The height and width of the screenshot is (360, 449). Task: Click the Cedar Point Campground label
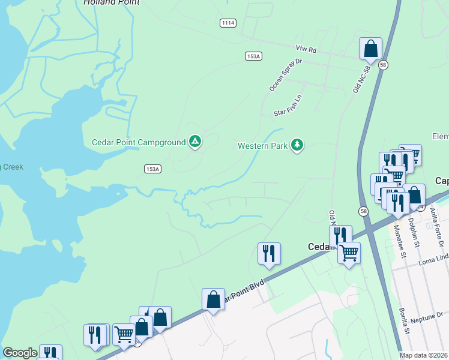click(x=138, y=142)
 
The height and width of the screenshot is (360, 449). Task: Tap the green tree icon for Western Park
click(x=297, y=145)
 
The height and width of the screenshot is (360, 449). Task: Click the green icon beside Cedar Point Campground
click(x=194, y=142)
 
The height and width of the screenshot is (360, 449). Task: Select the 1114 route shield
click(x=228, y=22)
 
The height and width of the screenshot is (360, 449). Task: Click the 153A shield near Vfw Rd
click(x=254, y=56)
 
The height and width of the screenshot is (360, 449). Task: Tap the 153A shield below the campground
click(x=153, y=169)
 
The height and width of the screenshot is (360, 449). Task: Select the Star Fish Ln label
click(x=288, y=104)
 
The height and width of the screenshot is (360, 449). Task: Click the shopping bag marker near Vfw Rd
click(x=371, y=48)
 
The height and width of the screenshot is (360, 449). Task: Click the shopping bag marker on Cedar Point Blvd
click(x=213, y=298)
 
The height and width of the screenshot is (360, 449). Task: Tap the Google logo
click(x=20, y=353)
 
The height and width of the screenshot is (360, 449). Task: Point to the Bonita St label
click(x=405, y=320)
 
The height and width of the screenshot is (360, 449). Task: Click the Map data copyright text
click(x=424, y=355)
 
